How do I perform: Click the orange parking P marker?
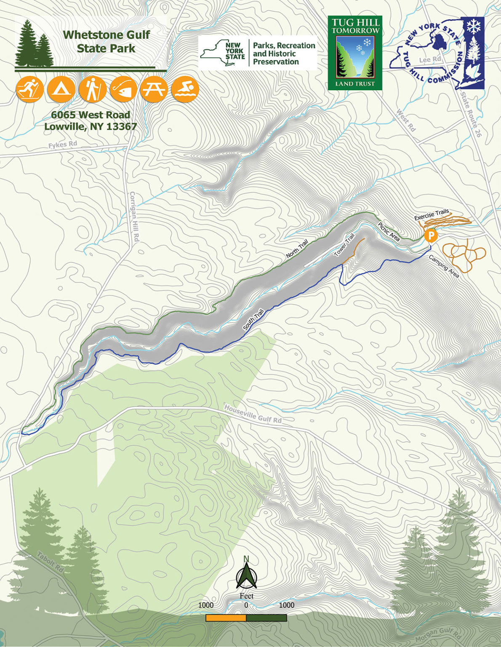pyautogui.click(x=431, y=235)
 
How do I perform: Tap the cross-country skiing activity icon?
pyautogui.click(x=29, y=89)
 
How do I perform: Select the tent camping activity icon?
pyautogui.click(x=61, y=89)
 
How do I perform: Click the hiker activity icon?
pyautogui.click(x=92, y=89)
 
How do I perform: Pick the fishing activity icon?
pyautogui.click(x=123, y=89)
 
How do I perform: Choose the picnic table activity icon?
pyautogui.click(x=154, y=89)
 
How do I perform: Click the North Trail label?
pyautogui.click(x=297, y=249)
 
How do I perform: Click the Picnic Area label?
pyautogui.click(x=389, y=232)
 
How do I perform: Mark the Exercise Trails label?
pyautogui.click(x=432, y=215)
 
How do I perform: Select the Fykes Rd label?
pyautogui.click(x=63, y=145)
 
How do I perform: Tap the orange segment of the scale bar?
pyautogui.click(x=226, y=618)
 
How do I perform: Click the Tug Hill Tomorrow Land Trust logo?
pyautogui.click(x=355, y=53)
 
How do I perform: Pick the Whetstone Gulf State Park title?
pyautogui.click(x=106, y=41)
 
